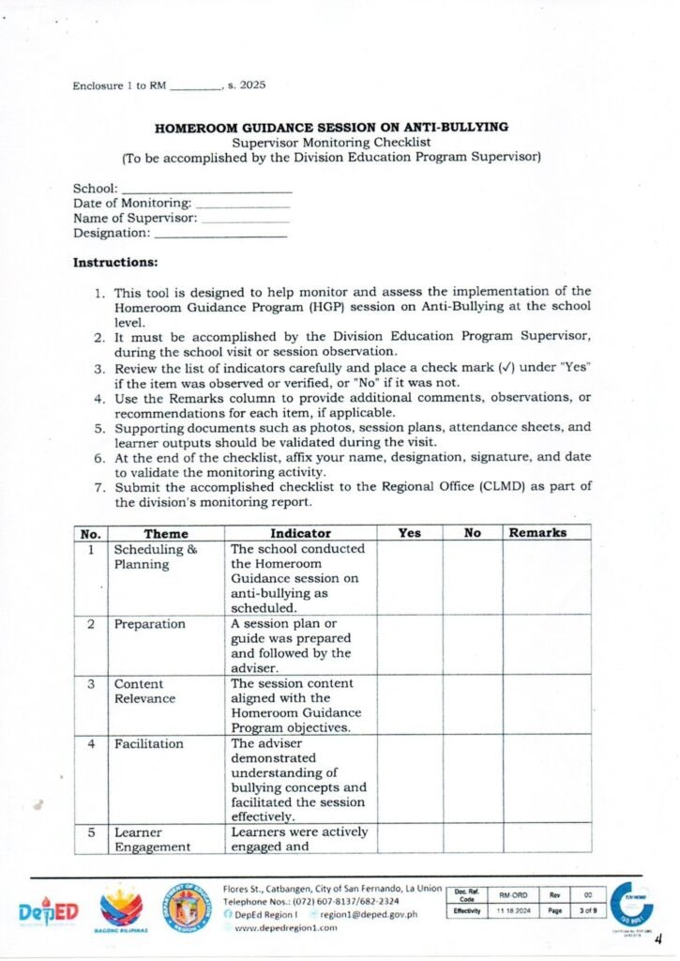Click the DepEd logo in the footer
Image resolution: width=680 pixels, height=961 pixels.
pos(49,912)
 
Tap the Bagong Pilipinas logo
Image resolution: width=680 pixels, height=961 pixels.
pos(122,908)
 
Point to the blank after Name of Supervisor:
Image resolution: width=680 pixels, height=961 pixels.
pos(246,218)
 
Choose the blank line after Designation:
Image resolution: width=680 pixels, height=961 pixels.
pos(219,233)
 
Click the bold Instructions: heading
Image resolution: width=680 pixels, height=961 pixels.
pos(115,262)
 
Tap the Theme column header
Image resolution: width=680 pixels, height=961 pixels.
pos(165,533)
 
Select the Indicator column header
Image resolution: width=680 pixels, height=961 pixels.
pos(300,533)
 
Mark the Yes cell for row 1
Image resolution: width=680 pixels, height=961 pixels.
pos(409,578)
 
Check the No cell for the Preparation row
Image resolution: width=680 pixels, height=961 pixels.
pos(472,645)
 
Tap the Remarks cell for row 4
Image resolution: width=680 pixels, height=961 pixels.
pos(547,778)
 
